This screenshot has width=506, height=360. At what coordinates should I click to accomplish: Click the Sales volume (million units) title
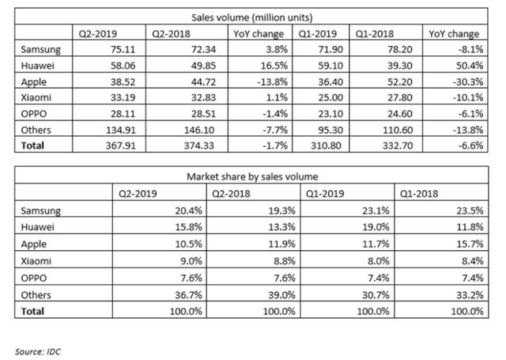[251, 17]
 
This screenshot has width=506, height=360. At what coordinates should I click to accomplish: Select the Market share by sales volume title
[252, 176]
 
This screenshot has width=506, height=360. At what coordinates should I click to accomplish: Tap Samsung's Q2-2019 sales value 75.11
[123, 49]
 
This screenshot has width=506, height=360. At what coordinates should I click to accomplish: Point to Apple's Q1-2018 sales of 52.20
[400, 81]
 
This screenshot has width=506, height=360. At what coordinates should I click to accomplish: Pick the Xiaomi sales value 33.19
[123, 97]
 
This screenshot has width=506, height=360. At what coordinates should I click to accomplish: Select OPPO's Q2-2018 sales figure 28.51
[203, 114]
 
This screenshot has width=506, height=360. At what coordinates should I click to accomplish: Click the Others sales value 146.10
[199, 130]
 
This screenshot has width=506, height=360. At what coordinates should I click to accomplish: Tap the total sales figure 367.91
[121, 146]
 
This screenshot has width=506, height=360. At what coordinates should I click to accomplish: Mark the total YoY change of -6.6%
[470, 146]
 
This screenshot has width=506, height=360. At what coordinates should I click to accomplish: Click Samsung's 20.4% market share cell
[188, 210]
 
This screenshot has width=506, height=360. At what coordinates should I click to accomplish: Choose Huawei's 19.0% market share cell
[376, 226]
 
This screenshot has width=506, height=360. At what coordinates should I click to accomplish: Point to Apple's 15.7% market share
[470, 244]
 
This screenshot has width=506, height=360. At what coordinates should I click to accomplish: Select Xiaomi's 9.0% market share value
[191, 261]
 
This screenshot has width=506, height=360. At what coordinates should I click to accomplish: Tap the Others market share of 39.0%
[281, 295]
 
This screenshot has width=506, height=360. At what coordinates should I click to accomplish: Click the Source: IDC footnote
[38, 351]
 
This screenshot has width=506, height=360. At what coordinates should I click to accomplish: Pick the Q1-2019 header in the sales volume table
[318, 33]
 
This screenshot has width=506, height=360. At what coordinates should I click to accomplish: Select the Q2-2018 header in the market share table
[231, 193]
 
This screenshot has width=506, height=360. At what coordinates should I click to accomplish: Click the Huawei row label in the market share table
[37, 226]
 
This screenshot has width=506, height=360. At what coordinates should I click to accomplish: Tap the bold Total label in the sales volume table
[32, 146]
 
